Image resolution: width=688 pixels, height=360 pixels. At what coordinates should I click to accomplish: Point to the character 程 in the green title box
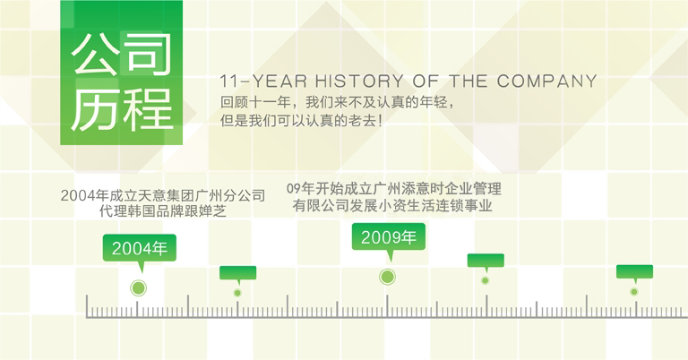145,109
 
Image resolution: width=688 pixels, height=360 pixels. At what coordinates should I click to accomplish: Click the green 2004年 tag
139,247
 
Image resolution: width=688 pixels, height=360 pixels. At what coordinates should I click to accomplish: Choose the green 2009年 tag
388,237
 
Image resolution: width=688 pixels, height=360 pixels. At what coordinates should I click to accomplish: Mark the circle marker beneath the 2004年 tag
138,288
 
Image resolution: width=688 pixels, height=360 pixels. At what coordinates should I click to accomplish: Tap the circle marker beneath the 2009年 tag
387,277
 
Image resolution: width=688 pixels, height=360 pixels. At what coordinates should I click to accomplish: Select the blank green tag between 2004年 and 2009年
237,272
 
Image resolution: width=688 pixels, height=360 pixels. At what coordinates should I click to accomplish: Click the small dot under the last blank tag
634,292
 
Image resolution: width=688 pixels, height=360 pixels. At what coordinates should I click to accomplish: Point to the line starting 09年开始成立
394,189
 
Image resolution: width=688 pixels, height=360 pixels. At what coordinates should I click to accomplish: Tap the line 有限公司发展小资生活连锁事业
394,207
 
